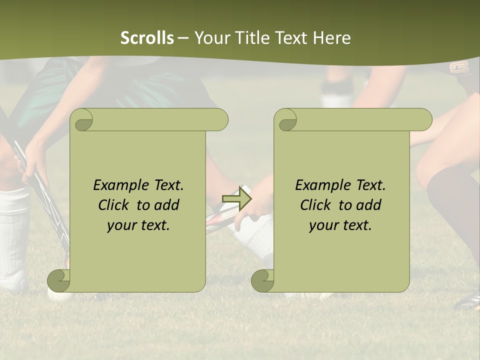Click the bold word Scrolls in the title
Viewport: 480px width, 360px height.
pyautogui.click(x=147, y=38)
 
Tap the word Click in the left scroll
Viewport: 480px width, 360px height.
pyautogui.click(x=114, y=205)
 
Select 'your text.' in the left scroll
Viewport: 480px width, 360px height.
pyautogui.click(x=138, y=225)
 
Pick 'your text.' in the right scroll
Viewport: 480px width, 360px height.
pyautogui.click(x=340, y=225)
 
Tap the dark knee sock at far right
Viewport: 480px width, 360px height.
pyautogui.click(x=452, y=205)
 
